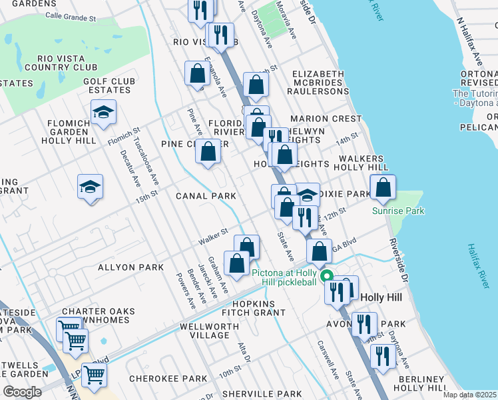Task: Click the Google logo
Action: coord(23,392)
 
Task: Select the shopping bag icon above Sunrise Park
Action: coord(383,189)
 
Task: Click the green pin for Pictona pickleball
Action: coord(326,275)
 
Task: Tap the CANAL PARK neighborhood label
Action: coord(206,196)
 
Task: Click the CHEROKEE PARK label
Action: coord(168,379)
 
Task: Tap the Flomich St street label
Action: coord(123,138)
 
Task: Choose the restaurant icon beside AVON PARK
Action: coord(363,325)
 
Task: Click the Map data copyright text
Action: coord(469,395)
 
